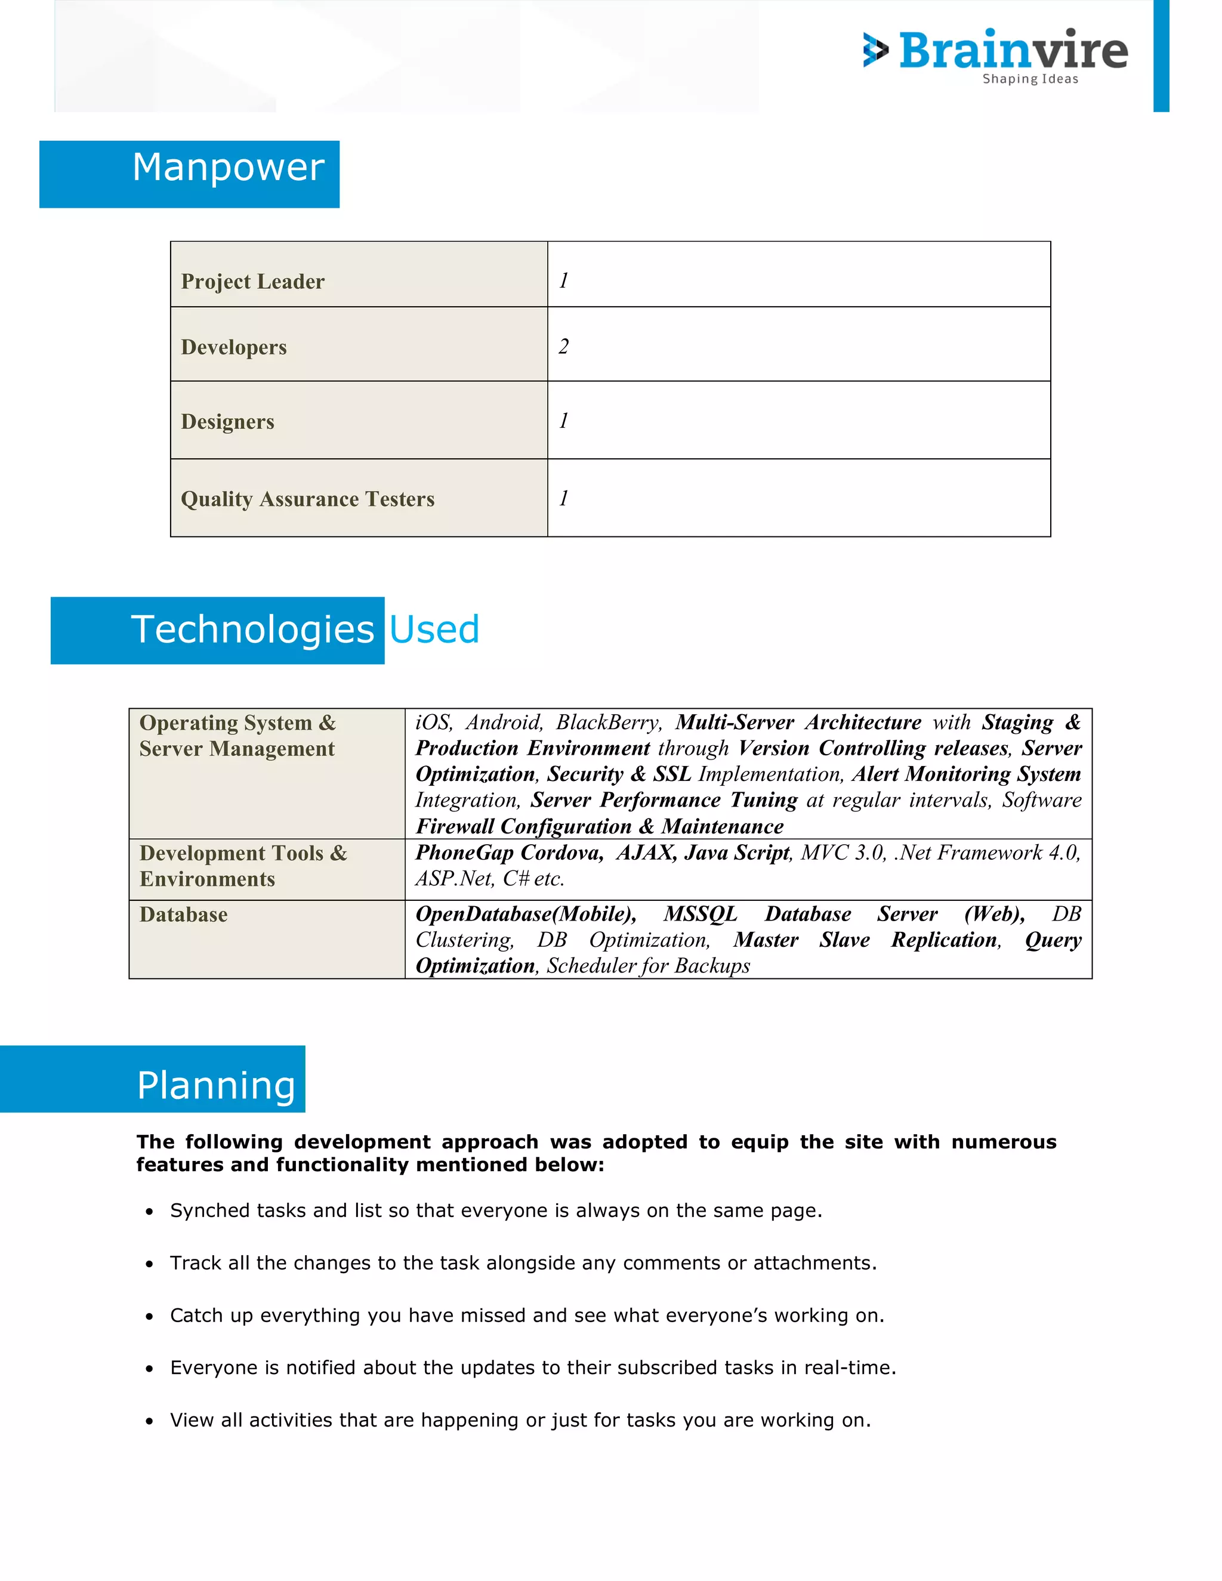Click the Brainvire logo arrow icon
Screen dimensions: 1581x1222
[875, 50]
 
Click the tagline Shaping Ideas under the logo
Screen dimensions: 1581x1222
[1029, 79]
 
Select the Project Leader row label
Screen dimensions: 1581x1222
[252, 281]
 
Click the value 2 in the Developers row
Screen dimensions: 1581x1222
[563, 346]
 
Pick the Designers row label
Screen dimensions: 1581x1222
[227, 421]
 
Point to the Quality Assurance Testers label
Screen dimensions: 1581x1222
[308, 499]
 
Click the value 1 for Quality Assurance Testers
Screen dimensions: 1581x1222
[563, 498]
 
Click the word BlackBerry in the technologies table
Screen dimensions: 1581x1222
[608, 722]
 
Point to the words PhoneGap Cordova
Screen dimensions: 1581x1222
[509, 852]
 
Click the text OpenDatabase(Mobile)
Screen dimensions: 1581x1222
[526, 913]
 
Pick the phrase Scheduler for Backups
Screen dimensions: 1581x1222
[648, 966]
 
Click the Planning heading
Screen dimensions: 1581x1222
[216, 1085]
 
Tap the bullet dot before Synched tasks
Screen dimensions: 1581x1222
[149, 1212]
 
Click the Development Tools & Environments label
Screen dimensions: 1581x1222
[243, 866]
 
